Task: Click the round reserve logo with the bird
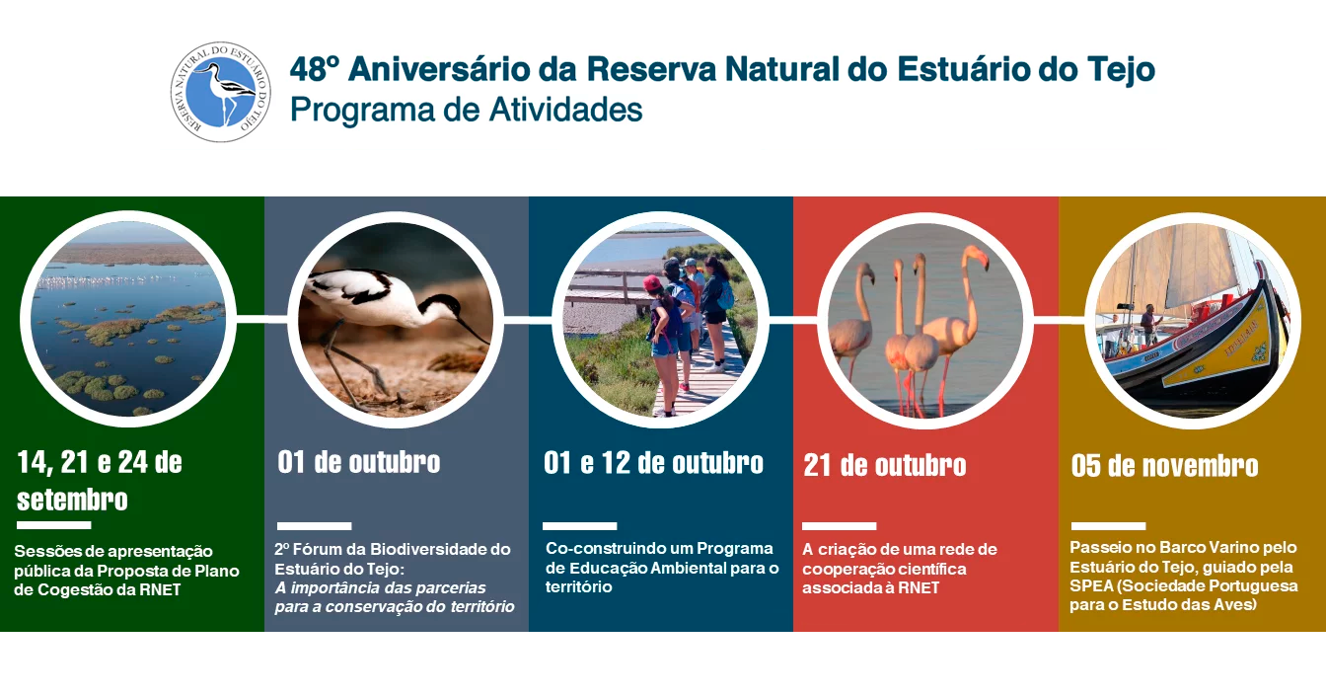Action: click(x=221, y=92)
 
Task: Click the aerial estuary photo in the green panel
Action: click(x=128, y=319)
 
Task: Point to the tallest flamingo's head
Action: click(x=976, y=256)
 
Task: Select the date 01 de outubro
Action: click(x=359, y=462)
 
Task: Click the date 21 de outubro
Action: click(x=884, y=465)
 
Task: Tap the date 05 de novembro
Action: click(x=1164, y=466)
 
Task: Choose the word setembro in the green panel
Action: click(x=72, y=500)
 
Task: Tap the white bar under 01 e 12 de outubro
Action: click(x=579, y=526)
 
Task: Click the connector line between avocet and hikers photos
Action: click(x=528, y=320)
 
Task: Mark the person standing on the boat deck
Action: click(x=1149, y=325)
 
